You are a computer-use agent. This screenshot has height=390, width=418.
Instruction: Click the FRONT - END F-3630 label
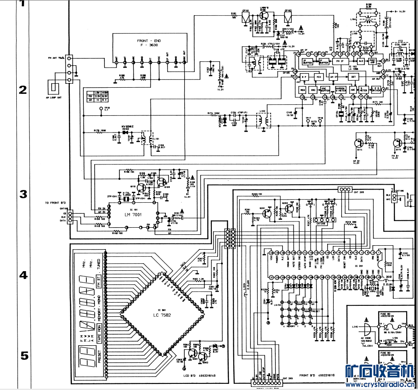pos(149,43)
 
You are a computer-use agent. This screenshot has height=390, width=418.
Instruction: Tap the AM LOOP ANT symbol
pos(56,87)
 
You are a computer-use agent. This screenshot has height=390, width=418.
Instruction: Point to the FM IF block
pos(339,61)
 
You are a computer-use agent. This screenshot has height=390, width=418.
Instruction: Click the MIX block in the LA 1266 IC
pos(319,77)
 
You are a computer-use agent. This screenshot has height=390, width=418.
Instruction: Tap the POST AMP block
pos(374,61)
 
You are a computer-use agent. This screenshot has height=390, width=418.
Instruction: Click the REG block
pos(302,89)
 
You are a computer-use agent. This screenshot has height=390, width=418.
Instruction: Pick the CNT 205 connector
pos(345,190)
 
